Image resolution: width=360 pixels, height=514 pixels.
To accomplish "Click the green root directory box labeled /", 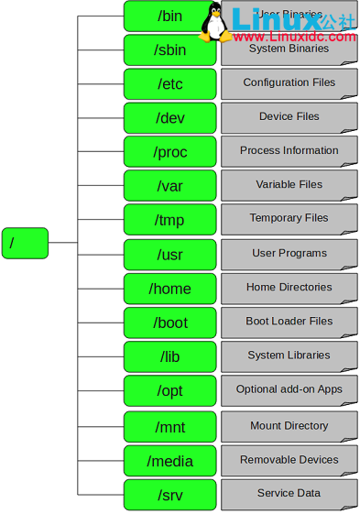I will tap(25, 243).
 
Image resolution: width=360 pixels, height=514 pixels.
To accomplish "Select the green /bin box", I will tap(169, 16).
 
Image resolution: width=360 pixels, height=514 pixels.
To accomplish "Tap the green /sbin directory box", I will tap(169, 50).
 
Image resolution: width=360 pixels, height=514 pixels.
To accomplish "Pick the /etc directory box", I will tap(169, 84).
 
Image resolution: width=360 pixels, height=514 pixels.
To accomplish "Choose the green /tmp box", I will tap(169, 220).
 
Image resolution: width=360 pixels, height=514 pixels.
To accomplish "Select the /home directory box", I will tap(169, 289).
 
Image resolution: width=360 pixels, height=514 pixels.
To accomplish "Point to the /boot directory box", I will tap(169, 323).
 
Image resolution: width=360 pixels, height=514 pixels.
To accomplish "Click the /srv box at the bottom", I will tap(169, 495).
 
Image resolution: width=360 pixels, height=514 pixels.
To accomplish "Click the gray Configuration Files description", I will tap(289, 83).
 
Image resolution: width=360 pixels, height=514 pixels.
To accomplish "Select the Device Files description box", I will tap(289, 117).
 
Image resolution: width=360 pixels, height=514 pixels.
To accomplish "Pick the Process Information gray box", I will tap(289, 151).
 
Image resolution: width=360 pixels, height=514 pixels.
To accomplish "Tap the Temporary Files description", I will tap(289, 219).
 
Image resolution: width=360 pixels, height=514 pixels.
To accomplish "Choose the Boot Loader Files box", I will tap(289, 323).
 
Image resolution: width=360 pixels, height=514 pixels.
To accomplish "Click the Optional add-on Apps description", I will tap(289, 390).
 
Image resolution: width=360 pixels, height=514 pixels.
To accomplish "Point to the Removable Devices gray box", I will tap(289, 461).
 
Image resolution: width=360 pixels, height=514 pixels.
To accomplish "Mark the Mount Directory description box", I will tap(289, 427).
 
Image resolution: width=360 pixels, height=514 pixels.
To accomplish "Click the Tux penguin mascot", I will tap(216, 22).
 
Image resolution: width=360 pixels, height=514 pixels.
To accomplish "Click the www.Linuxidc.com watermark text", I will tap(295, 37).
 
